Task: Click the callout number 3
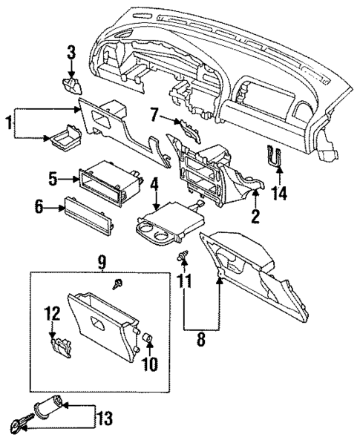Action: coord(71,53)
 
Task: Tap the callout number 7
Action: coord(154,114)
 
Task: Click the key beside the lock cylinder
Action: coord(18,425)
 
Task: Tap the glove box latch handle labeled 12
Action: coord(58,344)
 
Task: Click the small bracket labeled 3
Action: coord(71,84)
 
